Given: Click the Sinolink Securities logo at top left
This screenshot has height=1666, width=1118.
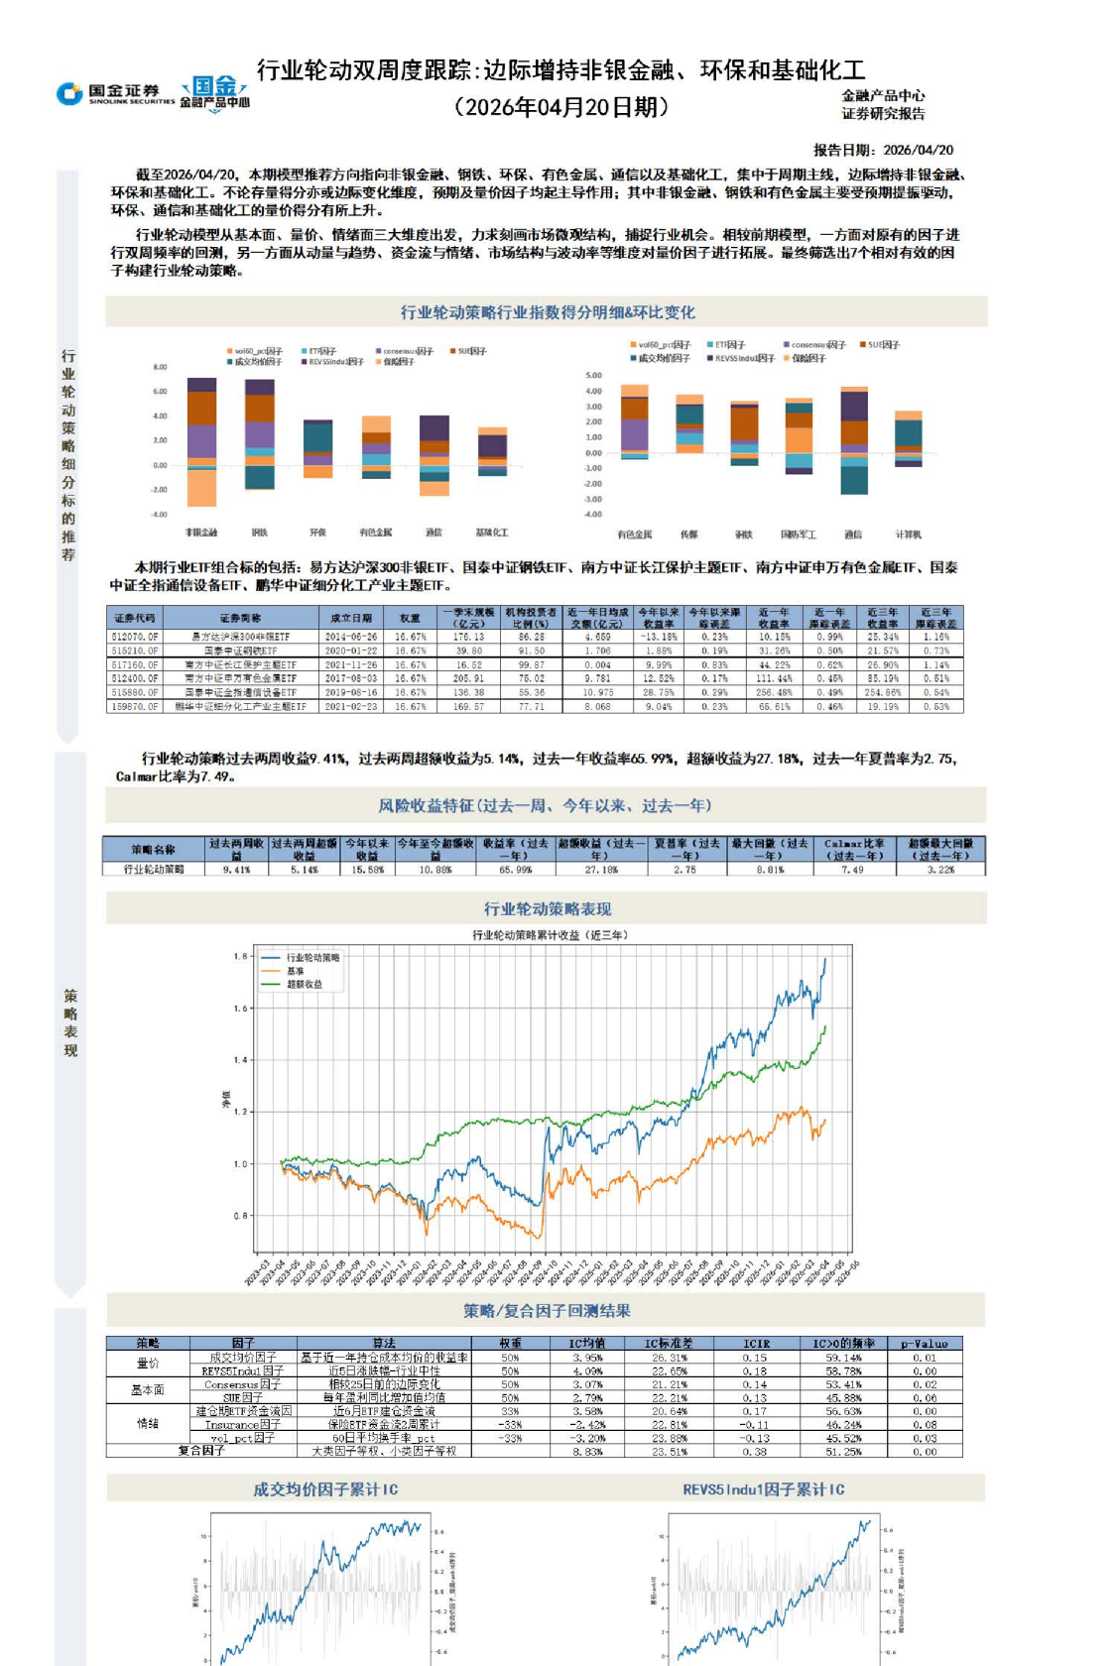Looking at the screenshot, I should (x=115, y=93).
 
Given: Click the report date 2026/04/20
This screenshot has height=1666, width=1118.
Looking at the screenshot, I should (x=918, y=150).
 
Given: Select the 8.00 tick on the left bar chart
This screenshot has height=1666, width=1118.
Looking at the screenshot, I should (x=160, y=367).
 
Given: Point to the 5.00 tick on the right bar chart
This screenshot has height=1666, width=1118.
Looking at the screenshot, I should (x=593, y=375).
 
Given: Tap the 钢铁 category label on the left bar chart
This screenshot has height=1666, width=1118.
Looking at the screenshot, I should (x=260, y=533).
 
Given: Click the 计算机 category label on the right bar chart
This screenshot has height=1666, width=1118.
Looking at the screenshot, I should (x=909, y=535).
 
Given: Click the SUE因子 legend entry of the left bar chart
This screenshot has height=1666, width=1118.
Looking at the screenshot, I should (x=471, y=351).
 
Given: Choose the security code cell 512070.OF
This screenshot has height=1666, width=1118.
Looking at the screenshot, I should (x=135, y=637).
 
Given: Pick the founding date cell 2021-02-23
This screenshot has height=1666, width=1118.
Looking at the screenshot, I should (x=351, y=707).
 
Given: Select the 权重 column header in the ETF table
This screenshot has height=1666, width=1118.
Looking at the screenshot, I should (x=410, y=618).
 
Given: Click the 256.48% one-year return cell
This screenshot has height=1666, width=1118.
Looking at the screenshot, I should (x=774, y=693).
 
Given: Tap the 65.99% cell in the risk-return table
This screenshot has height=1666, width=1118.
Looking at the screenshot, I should (x=515, y=870).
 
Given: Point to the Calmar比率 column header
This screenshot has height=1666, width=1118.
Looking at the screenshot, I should (x=854, y=849).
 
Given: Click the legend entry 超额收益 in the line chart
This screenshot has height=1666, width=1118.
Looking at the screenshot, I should (x=304, y=985).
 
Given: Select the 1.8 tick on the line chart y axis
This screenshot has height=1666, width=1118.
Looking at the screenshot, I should (x=240, y=957).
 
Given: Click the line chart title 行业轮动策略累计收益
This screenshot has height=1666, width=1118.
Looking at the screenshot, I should (x=550, y=935).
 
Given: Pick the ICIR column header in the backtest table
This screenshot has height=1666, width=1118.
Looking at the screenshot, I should (x=755, y=1344).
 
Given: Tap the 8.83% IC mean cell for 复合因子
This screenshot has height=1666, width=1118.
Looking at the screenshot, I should (x=587, y=1452).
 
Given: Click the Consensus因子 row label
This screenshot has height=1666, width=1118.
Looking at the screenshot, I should (x=243, y=1384).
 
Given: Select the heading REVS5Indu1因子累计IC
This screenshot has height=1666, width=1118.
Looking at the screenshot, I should (x=763, y=1489).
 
